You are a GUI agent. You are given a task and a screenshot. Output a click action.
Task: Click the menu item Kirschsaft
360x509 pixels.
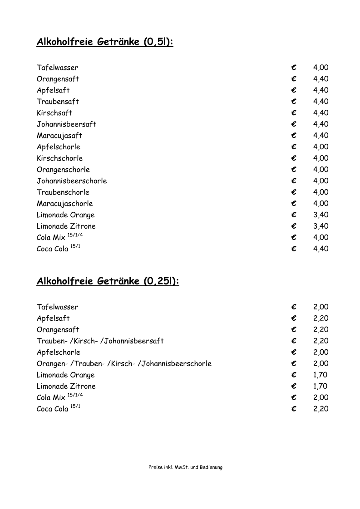coord(54,113)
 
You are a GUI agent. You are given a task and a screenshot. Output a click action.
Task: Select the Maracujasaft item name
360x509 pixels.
coord(59,136)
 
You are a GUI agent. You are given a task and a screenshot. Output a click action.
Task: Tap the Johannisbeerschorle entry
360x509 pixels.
coord(72,181)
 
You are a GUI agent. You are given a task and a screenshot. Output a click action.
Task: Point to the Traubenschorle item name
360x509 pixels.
coord(63,192)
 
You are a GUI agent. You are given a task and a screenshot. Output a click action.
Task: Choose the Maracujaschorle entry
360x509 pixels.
coord(65,204)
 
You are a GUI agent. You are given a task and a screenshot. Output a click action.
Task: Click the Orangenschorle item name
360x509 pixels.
coord(63,170)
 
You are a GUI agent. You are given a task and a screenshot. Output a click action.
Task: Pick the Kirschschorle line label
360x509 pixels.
coord(60,158)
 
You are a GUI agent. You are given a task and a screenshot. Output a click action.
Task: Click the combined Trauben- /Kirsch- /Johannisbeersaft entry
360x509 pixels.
coord(100,341)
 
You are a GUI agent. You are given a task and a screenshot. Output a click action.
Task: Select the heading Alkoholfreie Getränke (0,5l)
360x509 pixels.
coord(105,43)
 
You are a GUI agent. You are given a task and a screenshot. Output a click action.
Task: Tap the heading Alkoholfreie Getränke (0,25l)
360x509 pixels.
coord(108,282)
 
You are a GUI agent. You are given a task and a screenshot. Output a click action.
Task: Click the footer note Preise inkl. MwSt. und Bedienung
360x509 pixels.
coord(185,467)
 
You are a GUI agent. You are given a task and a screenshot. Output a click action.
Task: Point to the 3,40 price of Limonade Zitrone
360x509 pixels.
coord(321,226)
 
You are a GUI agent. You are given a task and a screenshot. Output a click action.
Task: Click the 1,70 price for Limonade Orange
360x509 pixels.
coord(321,375)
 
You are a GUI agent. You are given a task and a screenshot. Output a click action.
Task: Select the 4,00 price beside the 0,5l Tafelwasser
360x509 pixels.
coord(321,68)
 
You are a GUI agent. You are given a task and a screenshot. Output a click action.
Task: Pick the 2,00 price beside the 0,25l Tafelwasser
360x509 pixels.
coord(321,307)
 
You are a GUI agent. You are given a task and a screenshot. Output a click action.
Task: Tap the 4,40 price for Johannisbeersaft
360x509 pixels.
coord(321,124)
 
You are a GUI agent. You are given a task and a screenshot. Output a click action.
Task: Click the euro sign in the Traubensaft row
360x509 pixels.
coord(294,102)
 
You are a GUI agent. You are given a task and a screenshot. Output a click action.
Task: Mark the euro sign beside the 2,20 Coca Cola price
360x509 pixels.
coord(294,409)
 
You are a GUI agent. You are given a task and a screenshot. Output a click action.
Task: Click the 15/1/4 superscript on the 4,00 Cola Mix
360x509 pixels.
coord(75,235)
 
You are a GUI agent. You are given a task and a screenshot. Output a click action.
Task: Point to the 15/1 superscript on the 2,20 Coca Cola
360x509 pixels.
coord(75,406)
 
